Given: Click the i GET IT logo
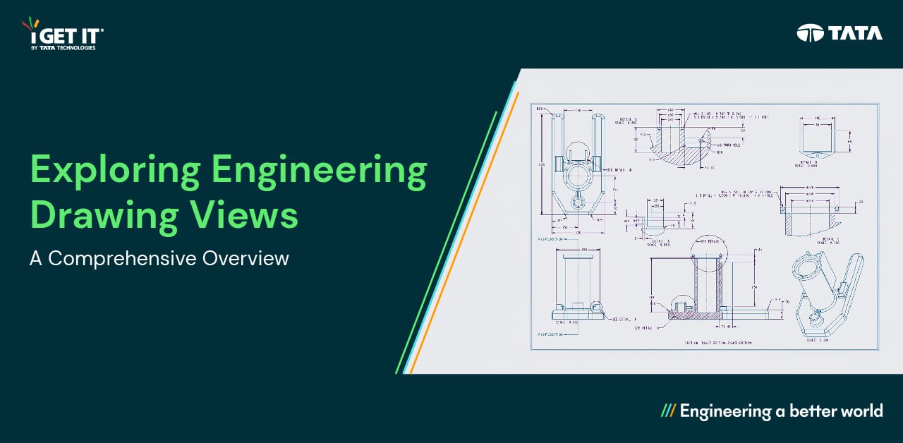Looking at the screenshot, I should pos(63,35).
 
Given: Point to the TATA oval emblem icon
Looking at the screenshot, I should pos(810,32).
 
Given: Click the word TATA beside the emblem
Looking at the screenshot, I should pos(855,32).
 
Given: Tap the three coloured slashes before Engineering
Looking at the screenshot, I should pos(668,411).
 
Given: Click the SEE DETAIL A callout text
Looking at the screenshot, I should pos(622,319).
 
